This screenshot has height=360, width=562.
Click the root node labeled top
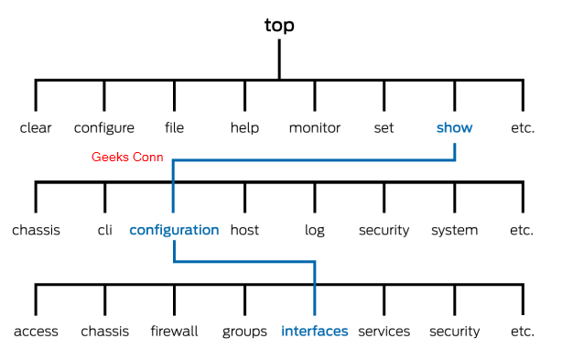279,26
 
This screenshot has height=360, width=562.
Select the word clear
36,128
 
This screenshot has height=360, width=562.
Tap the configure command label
104,128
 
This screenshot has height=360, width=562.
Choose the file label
174,128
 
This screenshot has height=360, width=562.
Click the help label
244,128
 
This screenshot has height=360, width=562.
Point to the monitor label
315,128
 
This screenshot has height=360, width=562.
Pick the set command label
384,128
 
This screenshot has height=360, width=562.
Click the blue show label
454,128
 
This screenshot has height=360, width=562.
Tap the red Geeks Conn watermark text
127,158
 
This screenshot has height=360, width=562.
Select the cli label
104,230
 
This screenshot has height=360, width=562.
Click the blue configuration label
174,230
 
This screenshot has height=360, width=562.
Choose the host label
244,230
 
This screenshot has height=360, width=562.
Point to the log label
315,230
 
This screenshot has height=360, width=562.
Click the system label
454,230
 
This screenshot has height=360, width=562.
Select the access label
36,332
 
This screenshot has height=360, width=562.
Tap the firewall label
174,332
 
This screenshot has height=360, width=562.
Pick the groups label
244,332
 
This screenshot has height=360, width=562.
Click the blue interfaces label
315,332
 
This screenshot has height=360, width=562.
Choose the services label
384,332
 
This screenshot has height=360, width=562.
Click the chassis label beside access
104,332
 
